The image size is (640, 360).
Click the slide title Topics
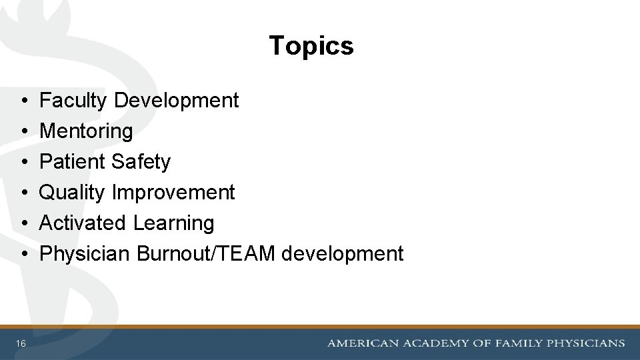[311, 46]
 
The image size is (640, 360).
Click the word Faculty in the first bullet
[73, 101]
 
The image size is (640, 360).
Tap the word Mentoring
[86, 131]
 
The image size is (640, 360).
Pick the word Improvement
[173, 193]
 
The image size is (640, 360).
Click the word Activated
[83, 223]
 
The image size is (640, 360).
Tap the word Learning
[173, 223]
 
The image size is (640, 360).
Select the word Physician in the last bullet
[85, 254]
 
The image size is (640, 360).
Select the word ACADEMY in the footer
[434, 343]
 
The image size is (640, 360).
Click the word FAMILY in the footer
[517, 343]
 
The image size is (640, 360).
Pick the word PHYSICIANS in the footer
[586, 343]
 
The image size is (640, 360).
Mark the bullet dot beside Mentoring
[23, 132]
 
